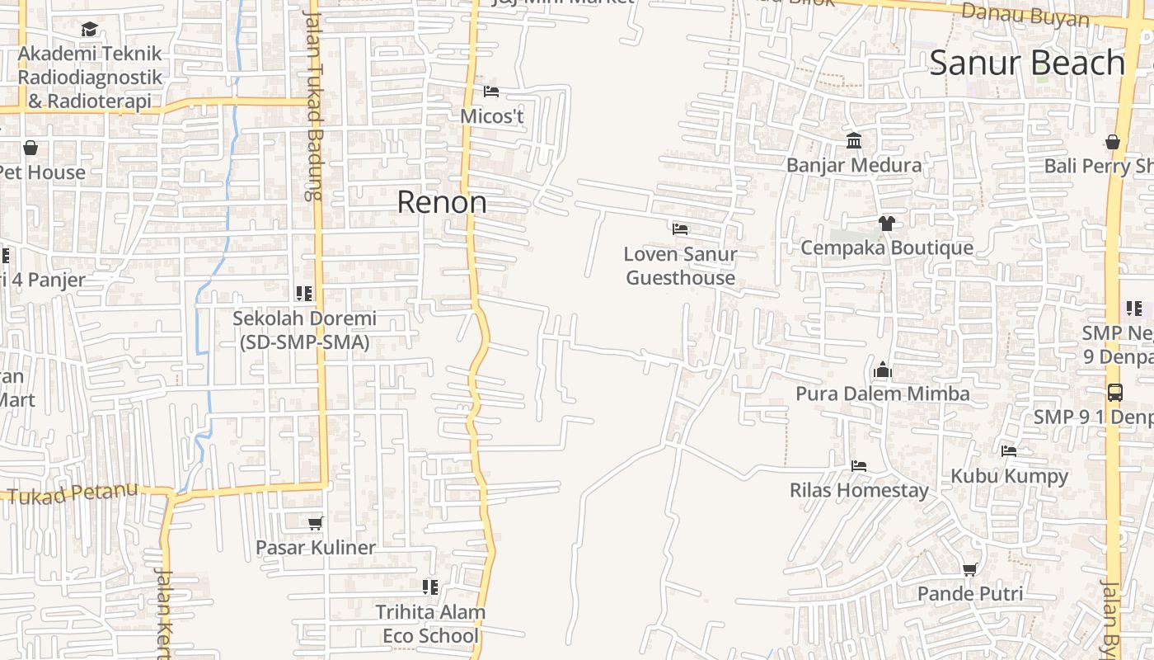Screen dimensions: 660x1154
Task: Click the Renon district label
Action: (x=442, y=202)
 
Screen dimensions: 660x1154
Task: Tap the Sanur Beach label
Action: (x=1027, y=64)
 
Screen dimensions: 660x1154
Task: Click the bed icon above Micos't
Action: (x=491, y=92)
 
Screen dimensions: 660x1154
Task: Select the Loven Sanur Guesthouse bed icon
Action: (x=680, y=229)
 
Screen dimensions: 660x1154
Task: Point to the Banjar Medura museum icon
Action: (x=854, y=141)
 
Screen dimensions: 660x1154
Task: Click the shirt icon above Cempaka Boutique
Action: (x=886, y=223)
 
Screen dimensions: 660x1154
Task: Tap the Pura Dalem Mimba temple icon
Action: (x=883, y=370)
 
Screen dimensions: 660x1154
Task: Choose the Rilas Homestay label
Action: (x=859, y=490)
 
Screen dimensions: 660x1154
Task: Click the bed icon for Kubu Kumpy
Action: (x=1009, y=451)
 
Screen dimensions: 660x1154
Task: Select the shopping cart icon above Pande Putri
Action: (x=970, y=569)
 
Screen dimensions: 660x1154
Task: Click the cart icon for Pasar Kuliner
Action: (x=315, y=523)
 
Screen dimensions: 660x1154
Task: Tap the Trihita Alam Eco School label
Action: (x=430, y=624)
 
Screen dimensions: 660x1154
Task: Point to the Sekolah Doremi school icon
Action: (x=304, y=293)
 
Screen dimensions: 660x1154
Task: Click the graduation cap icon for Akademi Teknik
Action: (x=90, y=30)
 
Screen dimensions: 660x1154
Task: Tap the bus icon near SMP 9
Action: (x=1114, y=393)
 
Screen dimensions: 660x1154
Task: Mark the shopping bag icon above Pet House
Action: (x=30, y=148)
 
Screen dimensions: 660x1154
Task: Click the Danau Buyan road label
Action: (x=1025, y=15)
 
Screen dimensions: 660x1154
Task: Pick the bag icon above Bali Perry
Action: (x=1113, y=142)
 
